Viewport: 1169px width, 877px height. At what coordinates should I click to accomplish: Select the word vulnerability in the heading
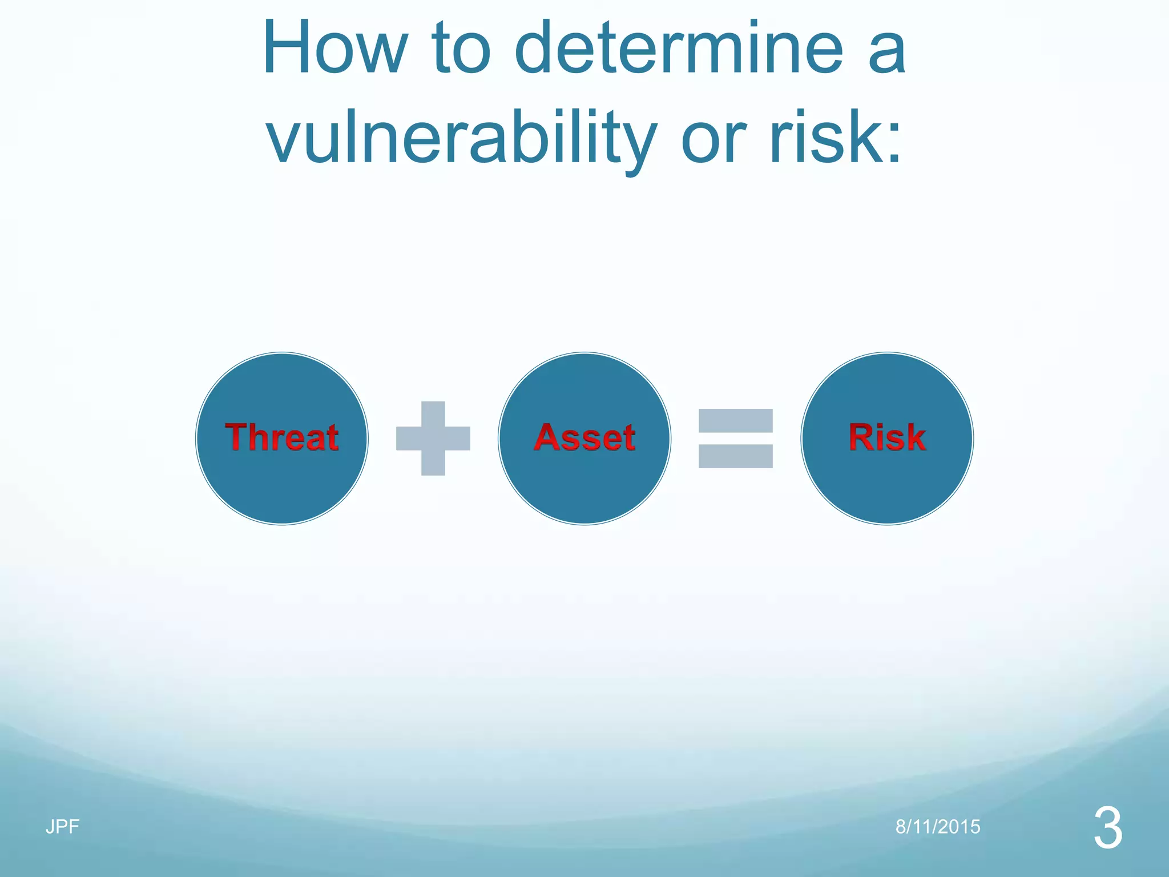coord(461,139)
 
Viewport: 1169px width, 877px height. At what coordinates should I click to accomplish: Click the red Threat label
coord(282,437)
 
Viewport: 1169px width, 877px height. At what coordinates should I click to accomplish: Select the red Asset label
coord(584,437)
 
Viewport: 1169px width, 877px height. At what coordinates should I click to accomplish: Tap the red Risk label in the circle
coord(887,437)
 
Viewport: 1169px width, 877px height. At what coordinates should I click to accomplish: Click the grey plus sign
coord(433,438)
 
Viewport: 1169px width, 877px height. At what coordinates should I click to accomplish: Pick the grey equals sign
coord(736,438)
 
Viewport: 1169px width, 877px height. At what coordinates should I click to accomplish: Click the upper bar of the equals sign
coord(736,421)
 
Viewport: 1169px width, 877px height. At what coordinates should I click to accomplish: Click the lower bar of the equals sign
coord(736,456)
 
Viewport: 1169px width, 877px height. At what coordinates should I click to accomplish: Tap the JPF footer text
coord(62,826)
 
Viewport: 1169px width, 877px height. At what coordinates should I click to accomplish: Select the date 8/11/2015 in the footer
coord(938,826)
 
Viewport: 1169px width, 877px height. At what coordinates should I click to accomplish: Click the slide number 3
coord(1108,828)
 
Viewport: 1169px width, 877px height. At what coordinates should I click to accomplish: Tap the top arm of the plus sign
coord(433,414)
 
